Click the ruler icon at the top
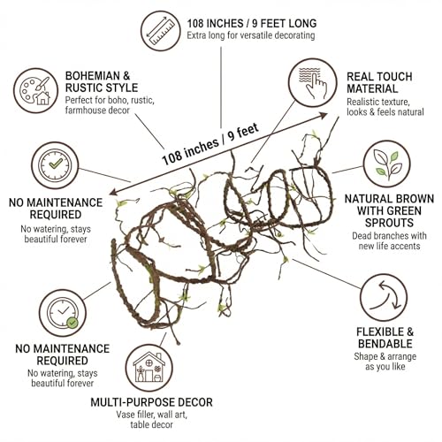click(161, 31)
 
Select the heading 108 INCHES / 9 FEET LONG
click(252, 23)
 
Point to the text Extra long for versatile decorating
click(251, 35)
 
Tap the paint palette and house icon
click(35, 90)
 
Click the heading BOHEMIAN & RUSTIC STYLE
click(102, 81)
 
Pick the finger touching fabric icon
click(312, 82)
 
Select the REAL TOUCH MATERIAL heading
click(379, 82)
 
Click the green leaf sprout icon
click(386, 164)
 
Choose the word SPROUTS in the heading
click(389, 223)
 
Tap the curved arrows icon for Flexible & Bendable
click(384, 298)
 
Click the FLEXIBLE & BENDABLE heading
click(385, 338)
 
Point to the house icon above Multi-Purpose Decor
click(149, 368)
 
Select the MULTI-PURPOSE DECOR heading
click(151, 402)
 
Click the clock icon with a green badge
click(63, 313)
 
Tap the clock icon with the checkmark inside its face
click(55, 165)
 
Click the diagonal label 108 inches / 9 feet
click(210, 144)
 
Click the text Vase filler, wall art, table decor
click(151, 420)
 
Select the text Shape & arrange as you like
click(385, 362)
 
